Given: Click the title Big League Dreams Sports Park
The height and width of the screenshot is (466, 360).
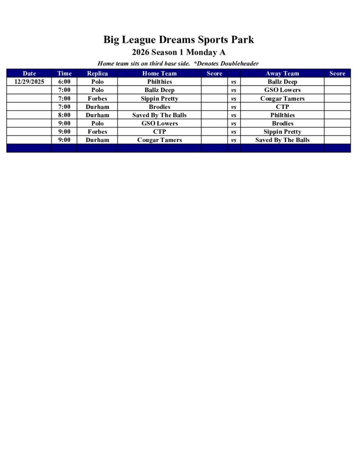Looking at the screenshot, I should [x=178, y=40].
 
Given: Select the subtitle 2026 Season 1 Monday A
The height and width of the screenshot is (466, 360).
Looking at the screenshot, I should [x=178, y=52].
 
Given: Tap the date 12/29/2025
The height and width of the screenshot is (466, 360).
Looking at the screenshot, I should [x=29, y=82].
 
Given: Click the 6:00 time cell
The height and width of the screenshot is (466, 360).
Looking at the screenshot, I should [x=64, y=82].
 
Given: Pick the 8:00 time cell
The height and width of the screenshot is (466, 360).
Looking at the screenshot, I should [x=64, y=115].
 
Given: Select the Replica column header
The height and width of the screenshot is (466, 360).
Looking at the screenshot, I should [x=97, y=73].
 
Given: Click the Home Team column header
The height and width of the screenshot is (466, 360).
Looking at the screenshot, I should [x=159, y=73].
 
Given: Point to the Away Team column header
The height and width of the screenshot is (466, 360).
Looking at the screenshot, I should [x=282, y=73].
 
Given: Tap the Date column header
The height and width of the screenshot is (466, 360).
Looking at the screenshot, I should [x=29, y=73].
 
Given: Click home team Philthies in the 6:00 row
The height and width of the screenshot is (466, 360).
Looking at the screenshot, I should [x=159, y=82].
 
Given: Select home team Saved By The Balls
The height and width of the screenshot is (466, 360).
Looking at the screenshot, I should [x=159, y=115].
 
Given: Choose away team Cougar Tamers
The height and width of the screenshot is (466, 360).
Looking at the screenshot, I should [x=282, y=98].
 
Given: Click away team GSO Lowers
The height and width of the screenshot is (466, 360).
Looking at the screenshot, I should [x=282, y=90].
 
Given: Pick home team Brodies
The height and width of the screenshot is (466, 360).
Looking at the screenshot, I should [x=159, y=107].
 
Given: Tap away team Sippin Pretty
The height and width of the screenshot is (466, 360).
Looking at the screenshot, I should [x=282, y=132].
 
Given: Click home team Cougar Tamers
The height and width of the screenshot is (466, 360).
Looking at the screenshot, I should [x=159, y=140].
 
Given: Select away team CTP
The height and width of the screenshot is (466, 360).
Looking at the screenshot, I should [x=282, y=107].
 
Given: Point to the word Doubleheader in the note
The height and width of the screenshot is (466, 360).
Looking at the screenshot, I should [x=240, y=64].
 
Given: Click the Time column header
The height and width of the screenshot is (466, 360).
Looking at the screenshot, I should [x=64, y=73].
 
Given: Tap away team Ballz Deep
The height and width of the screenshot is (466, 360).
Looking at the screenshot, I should [x=282, y=82].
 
